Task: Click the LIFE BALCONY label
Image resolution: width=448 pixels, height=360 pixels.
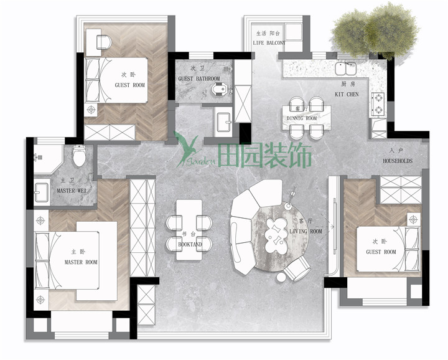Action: click(269, 43)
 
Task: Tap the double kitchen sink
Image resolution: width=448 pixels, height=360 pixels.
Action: click(346, 69)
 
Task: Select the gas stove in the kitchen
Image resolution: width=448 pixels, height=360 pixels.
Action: click(378, 104)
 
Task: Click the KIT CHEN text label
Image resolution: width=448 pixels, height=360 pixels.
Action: click(347, 95)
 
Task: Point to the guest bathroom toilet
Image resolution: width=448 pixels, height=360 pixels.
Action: click(220, 89)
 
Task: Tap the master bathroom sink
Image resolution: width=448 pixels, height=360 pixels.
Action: click(42, 192)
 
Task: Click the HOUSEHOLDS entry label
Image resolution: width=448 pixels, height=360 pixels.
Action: click(398, 161)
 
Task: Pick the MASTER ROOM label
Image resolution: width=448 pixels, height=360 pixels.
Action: click(81, 262)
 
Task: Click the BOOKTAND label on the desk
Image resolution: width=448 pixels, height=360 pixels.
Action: click(190, 245)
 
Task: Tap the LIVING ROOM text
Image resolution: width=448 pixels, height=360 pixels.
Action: click(306, 231)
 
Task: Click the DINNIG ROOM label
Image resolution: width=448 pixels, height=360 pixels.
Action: click(302, 118)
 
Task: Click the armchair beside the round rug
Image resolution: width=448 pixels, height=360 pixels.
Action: click(297, 268)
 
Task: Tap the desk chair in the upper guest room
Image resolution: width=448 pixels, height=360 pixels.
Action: click(103, 42)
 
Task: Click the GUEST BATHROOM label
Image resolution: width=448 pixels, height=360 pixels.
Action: click(199, 78)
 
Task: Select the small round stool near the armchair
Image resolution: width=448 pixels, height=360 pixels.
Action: click(281, 277)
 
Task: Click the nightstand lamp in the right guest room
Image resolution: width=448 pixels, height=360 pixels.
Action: click(413, 220)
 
